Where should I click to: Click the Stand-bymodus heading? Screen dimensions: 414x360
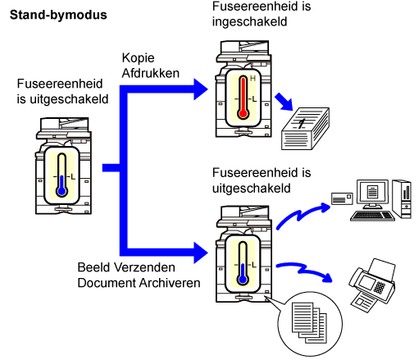[x=58, y=16]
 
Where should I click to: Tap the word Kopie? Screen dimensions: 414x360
[x=139, y=58]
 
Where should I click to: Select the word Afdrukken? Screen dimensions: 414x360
[x=151, y=73]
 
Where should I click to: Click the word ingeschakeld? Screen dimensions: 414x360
[x=249, y=22]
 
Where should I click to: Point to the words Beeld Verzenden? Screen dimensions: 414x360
[x=126, y=267]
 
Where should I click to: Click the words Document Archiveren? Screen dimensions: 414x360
[x=139, y=283]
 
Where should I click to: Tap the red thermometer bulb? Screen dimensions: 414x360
[x=243, y=113]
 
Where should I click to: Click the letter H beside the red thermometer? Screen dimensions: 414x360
[x=252, y=79]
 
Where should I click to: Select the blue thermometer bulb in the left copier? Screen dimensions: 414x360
[x=62, y=191]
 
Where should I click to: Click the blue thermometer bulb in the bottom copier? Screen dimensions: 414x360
[x=243, y=280]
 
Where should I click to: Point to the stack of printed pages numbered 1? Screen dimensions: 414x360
[x=305, y=129]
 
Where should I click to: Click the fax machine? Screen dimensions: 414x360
[x=372, y=285]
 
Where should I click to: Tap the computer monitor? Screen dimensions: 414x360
[x=372, y=194]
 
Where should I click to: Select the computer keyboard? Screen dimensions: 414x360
[x=372, y=216]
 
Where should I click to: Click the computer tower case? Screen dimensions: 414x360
[x=402, y=198]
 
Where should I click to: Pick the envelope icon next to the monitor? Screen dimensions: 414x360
[x=342, y=198]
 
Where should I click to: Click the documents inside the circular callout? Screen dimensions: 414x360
[x=309, y=322]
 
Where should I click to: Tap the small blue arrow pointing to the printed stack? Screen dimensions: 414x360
[x=284, y=102]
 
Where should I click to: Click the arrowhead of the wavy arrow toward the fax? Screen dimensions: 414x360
[x=326, y=277]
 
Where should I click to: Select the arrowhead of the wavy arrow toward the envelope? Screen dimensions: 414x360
[x=325, y=207]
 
